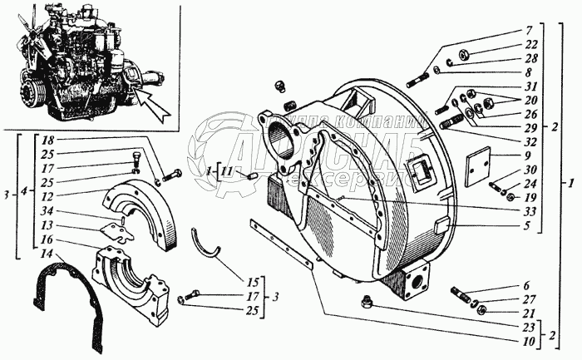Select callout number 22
pos(530,43)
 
